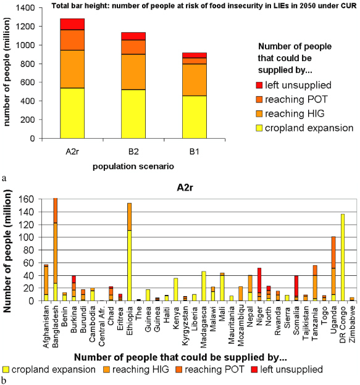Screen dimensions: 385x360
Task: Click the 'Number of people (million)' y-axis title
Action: click(15, 250)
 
